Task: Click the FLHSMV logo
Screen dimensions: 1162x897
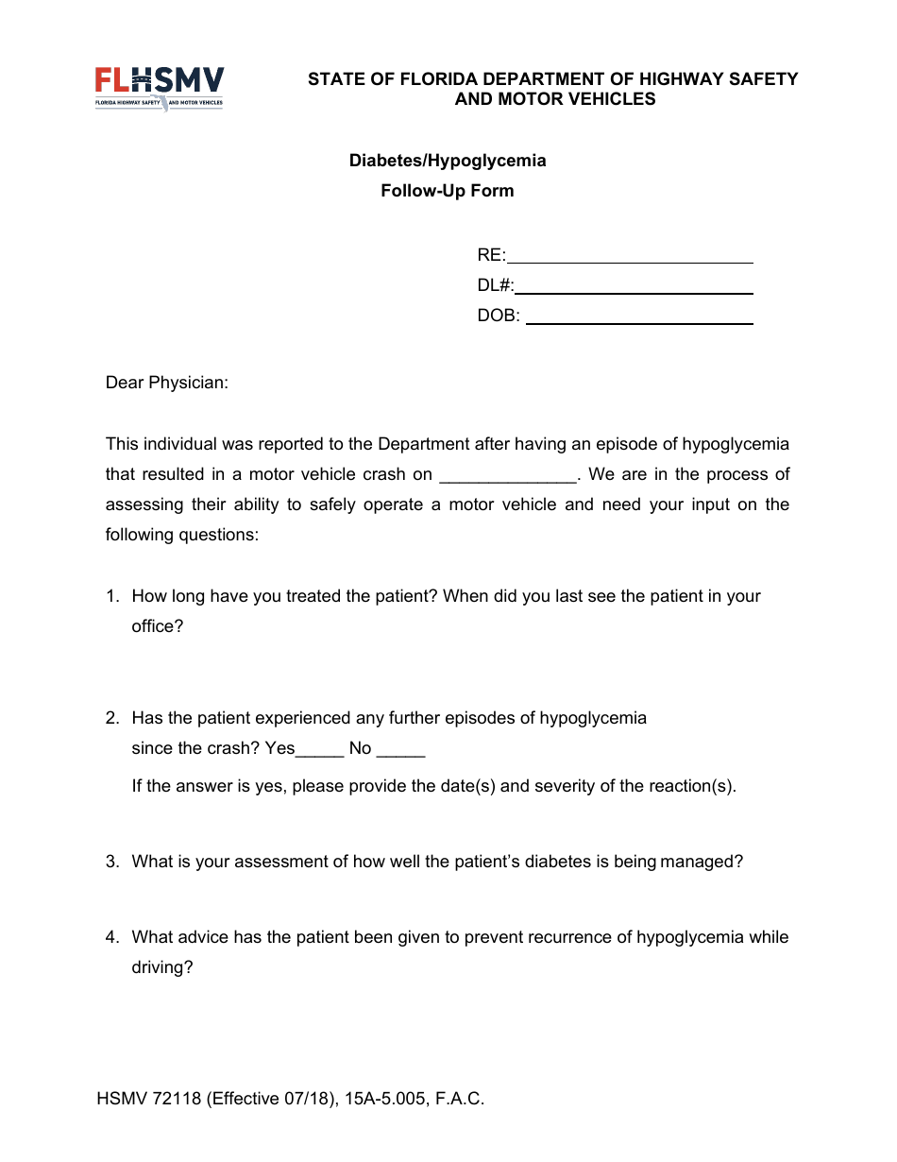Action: (160, 88)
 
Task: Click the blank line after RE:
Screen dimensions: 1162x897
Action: (630, 256)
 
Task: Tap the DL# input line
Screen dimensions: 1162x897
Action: (634, 286)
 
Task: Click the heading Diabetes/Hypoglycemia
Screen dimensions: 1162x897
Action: (448, 161)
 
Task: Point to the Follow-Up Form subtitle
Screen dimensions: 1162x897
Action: (448, 191)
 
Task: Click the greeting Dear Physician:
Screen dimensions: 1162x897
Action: (167, 383)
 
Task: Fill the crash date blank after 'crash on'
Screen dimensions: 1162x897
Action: (508, 475)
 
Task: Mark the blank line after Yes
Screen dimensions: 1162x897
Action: (320, 749)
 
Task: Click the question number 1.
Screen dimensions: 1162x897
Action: (111, 596)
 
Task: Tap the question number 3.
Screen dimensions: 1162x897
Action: (111, 862)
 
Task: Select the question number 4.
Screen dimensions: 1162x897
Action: (111, 937)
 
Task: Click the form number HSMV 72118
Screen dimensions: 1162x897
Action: (149, 1099)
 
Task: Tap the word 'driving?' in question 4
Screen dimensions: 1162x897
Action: (162, 967)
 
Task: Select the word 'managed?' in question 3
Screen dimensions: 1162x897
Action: (702, 862)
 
